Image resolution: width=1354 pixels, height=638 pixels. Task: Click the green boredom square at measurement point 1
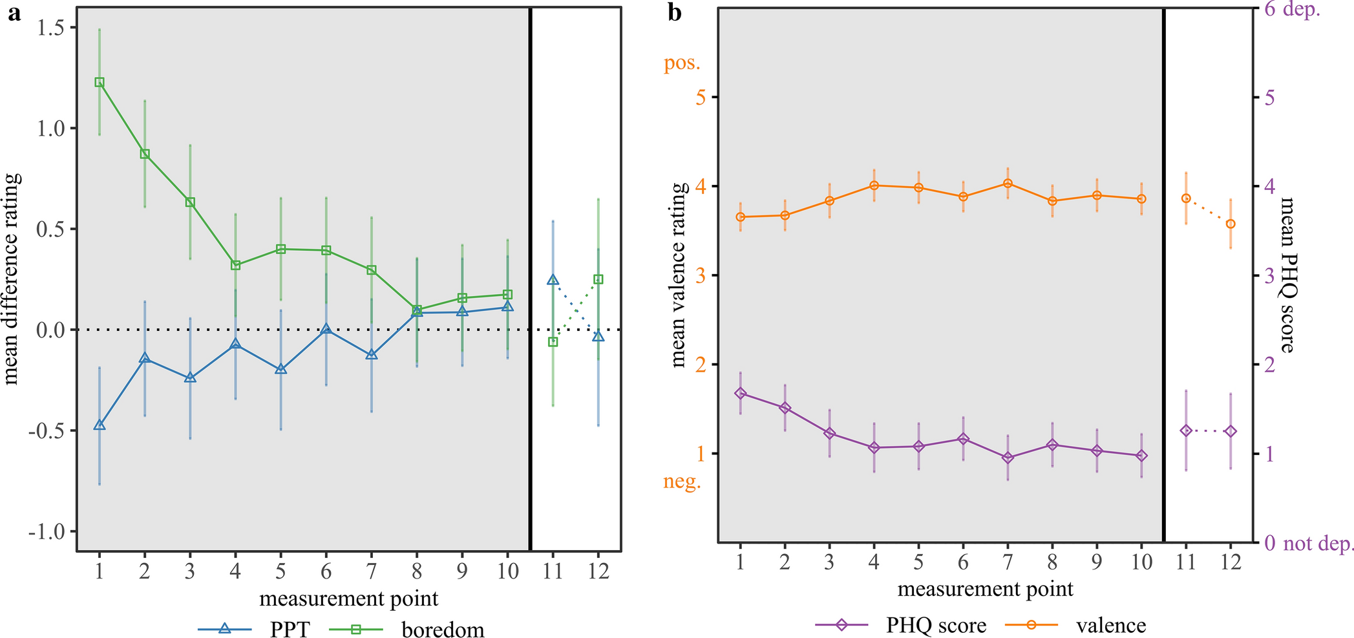[x=100, y=82]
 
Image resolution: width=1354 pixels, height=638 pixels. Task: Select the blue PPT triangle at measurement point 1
[x=100, y=425]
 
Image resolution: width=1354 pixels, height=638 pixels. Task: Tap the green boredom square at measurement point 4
[x=235, y=265]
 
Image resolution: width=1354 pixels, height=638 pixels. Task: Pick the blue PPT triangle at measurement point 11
[x=553, y=280]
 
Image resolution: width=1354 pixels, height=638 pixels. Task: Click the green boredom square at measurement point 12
[x=598, y=279]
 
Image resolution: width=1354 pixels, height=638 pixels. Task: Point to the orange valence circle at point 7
[x=1007, y=184]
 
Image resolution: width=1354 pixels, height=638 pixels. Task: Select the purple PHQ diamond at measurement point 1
[x=741, y=394]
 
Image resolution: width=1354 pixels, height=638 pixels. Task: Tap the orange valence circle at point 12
[x=1231, y=224]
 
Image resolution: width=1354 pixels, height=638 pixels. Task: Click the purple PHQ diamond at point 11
[x=1186, y=431]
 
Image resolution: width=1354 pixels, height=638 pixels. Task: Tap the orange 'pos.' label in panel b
[x=682, y=63]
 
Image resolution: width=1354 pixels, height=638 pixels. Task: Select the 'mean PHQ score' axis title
[x=1287, y=275]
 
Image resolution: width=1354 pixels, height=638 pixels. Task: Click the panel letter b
[x=675, y=13]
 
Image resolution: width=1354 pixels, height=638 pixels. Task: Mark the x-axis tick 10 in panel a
[x=507, y=571]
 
